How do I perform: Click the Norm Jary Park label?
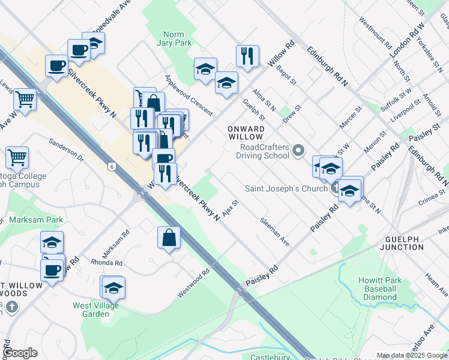[173, 38]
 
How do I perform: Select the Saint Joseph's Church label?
[285, 188]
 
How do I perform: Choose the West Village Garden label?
[95, 310]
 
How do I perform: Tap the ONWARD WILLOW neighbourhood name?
[246, 133]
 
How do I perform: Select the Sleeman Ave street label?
[275, 232]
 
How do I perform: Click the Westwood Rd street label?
[193, 283]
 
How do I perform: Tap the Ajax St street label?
[231, 208]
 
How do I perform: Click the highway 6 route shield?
[112, 166]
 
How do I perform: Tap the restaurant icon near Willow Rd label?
[247, 56]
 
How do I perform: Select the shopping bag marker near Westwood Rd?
[169, 238]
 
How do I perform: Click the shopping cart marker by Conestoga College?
[17, 158]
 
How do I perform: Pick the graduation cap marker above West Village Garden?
[113, 288]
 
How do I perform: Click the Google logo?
[20, 353]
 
